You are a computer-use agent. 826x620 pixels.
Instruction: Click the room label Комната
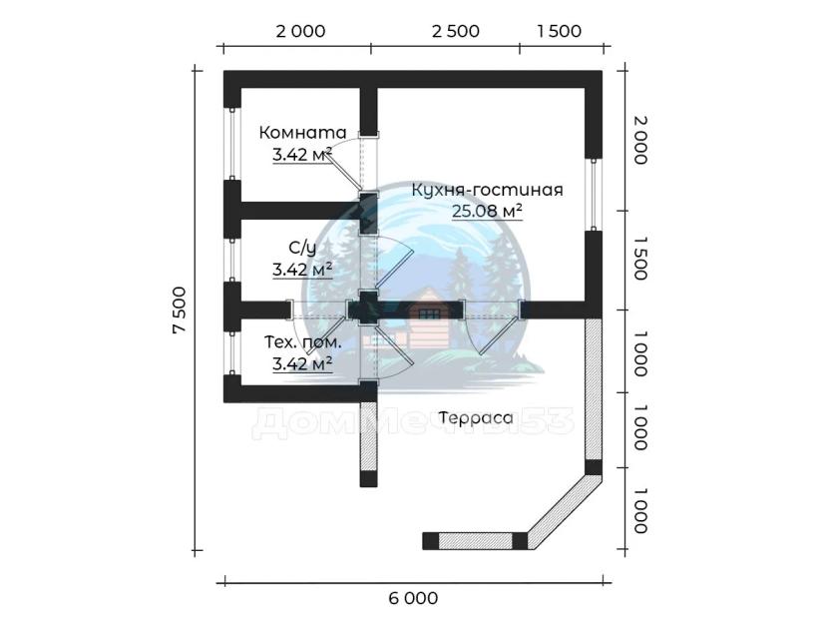point(302,133)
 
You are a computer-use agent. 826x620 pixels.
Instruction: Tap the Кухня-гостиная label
point(487,190)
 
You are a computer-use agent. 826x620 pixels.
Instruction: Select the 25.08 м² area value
point(487,211)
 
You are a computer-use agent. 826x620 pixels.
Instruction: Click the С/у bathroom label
point(302,248)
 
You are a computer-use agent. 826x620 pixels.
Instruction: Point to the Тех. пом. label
point(302,342)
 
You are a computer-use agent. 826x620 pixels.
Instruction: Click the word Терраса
point(476,417)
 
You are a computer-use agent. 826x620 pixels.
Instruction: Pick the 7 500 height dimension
point(180,310)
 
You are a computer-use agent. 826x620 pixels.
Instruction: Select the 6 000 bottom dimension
point(414,598)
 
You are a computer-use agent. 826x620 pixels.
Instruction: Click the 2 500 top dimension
point(456,31)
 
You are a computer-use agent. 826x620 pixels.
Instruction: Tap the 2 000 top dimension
point(301,31)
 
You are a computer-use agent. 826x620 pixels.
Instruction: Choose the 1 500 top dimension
point(560,31)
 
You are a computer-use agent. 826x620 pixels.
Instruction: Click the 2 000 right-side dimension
point(640,140)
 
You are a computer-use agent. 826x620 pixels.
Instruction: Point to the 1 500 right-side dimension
point(640,258)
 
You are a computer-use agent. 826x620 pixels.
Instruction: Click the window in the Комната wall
point(231,144)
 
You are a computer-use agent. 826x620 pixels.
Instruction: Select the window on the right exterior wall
point(594,194)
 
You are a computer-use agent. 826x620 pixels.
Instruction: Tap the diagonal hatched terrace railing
point(562,511)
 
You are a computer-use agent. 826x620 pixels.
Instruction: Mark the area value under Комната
point(302,154)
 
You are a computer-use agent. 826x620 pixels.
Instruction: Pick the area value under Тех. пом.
point(302,363)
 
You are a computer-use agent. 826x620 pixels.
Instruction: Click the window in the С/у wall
point(231,261)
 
